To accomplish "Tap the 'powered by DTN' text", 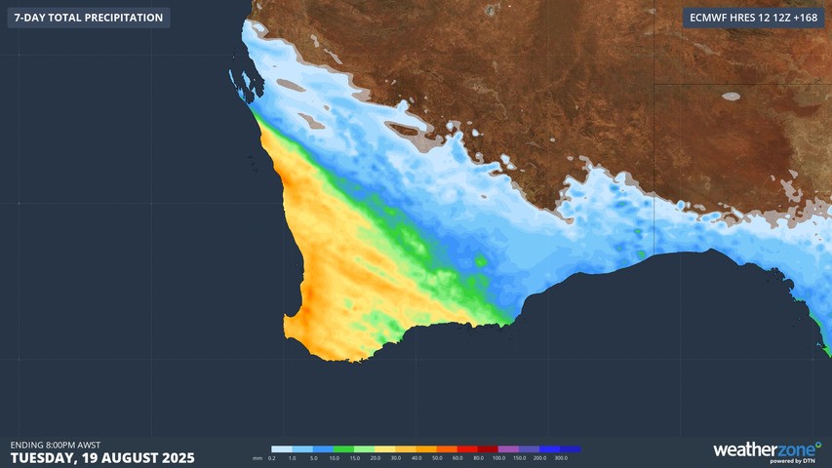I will coord(792,461).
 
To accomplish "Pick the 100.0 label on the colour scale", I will coord(498,457).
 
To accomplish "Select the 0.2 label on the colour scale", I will coord(271,457).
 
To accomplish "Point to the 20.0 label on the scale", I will coord(375,457).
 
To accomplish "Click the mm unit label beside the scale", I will coord(258,457).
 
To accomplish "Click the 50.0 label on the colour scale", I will coord(436,457).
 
